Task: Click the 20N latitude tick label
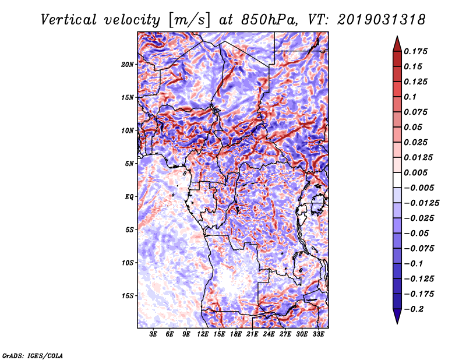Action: (x=128, y=64)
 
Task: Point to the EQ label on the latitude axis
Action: (x=129, y=196)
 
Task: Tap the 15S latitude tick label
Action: (x=128, y=295)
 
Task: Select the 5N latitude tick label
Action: (x=129, y=163)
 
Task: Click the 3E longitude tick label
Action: (x=154, y=334)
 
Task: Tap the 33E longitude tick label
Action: (x=318, y=334)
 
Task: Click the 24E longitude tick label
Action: (x=269, y=334)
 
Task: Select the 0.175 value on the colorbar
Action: (x=418, y=51)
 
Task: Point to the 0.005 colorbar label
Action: (x=418, y=172)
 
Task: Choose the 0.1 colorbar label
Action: (x=412, y=97)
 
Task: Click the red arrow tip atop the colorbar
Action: (x=397, y=41)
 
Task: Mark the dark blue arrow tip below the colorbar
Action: (x=397, y=317)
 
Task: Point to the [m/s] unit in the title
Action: (x=186, y=19)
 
